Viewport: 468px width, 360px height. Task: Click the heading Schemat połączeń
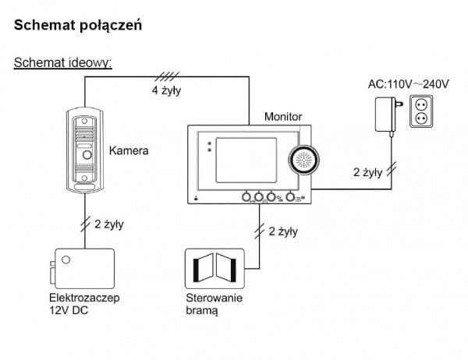tap(77, 26)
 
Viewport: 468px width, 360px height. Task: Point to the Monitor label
tap(283, 116)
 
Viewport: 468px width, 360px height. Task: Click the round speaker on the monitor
tap(304, 162)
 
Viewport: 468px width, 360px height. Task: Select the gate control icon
tap(212, 269)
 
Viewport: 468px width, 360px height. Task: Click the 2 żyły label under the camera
tap(108, 224)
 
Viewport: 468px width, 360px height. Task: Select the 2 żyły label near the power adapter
tap(367, 172)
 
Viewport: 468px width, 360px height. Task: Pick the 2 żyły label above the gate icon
tap(282, 231)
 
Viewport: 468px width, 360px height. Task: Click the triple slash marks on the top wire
tap(165, 76)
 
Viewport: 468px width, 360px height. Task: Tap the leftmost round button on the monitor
tap(247, 197)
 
